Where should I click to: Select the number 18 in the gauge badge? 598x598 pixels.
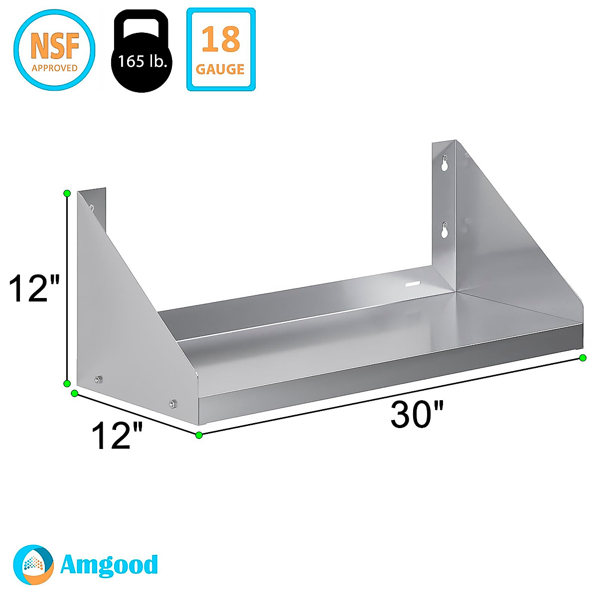(221, 40)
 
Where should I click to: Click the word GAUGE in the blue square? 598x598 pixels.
(220, 69)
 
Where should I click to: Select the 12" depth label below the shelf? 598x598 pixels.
(118, 436)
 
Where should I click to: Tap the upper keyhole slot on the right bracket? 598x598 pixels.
(445, 163)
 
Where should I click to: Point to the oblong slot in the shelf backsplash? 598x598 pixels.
(413, 284)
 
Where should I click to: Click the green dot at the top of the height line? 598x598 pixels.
(67, 193)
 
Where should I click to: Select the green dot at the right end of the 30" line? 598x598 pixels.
(583, 357)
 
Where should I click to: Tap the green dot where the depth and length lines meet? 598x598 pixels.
(199, 435)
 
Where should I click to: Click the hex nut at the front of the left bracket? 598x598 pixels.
(173, 404)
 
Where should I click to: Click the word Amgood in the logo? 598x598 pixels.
(109, 565)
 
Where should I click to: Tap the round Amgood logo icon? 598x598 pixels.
(33, 565)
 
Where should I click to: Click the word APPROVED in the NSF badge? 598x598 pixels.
(54, 68)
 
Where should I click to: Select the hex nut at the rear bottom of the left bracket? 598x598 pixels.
(98, 380)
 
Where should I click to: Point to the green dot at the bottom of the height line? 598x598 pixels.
(67, 383)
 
